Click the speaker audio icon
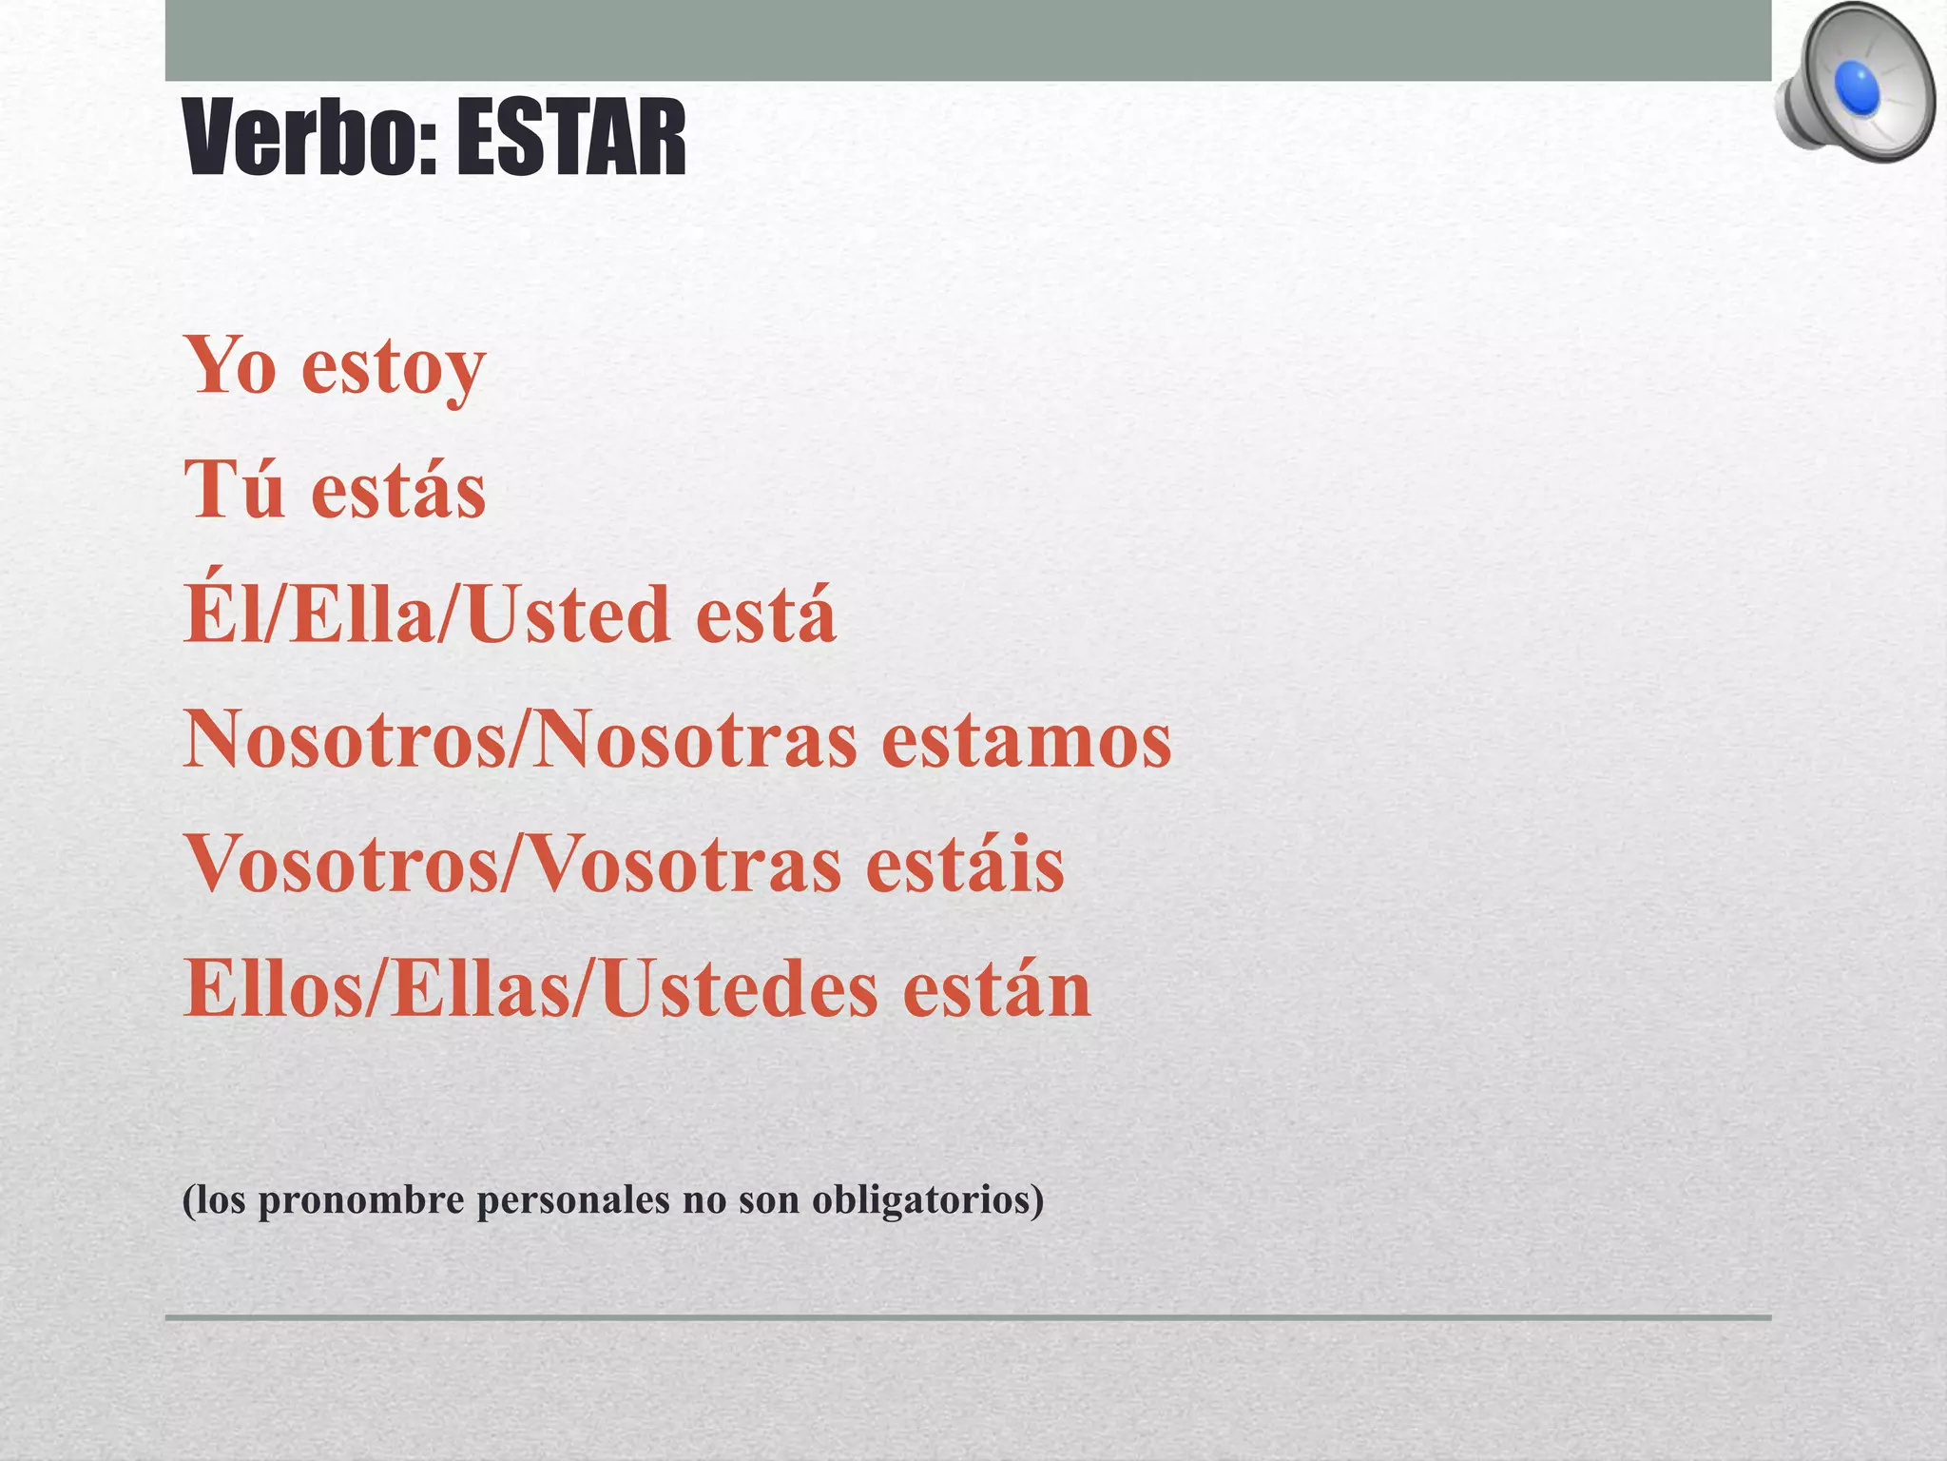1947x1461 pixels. (x=1854, y=86)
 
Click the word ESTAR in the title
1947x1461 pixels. (x=570, y=140)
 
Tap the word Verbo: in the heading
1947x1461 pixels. (x=310, y=140)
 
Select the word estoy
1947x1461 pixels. (x=394, y=367)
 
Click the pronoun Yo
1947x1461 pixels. (x=231, y=365)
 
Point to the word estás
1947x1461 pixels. (x=398, y=491)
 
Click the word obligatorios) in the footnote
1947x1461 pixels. (x=928, y=1200)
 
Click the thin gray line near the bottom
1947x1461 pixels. (x=968, y=1317)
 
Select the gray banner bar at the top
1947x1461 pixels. (x=968, y=40)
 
